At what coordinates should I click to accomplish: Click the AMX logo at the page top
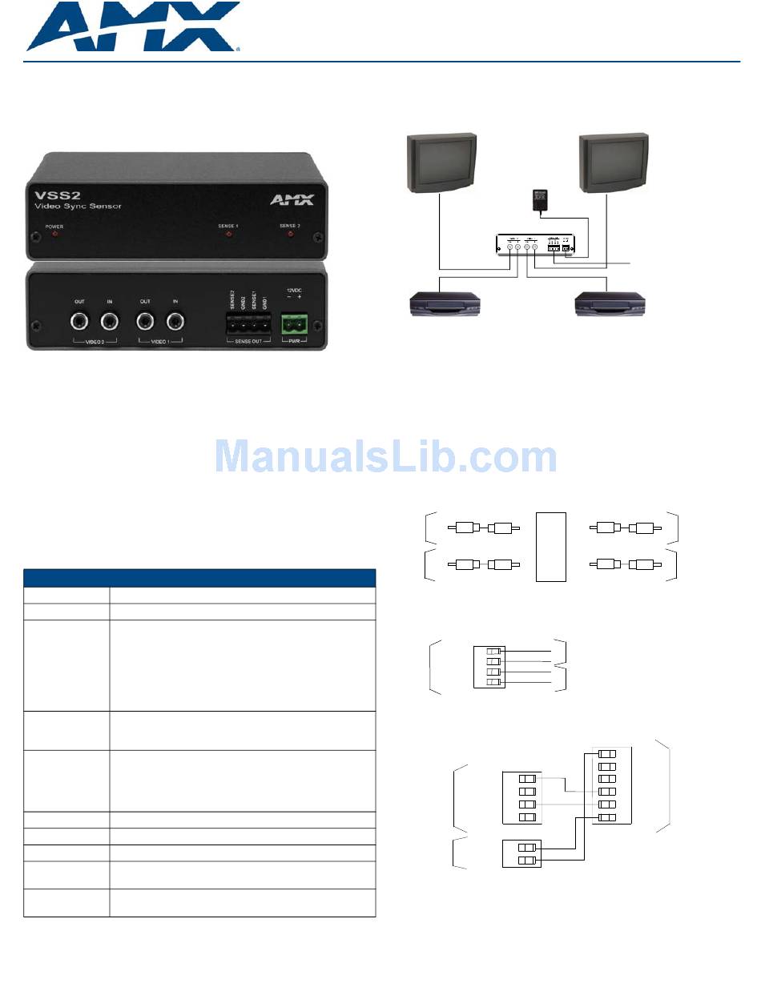(133, 27)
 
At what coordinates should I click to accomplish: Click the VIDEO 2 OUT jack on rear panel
(79, 322)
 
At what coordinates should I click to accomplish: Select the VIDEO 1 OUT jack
(145, 322)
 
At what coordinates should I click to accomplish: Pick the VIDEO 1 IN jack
(175, 322)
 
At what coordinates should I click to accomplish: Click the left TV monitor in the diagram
(442, 165)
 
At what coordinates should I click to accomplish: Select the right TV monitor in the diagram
(614, 165)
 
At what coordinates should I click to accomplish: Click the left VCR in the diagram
(445, 304)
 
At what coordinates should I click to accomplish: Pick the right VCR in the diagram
(611, 304)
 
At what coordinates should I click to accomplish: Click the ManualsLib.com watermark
(386, 457)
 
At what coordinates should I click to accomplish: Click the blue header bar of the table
(199, 578)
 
